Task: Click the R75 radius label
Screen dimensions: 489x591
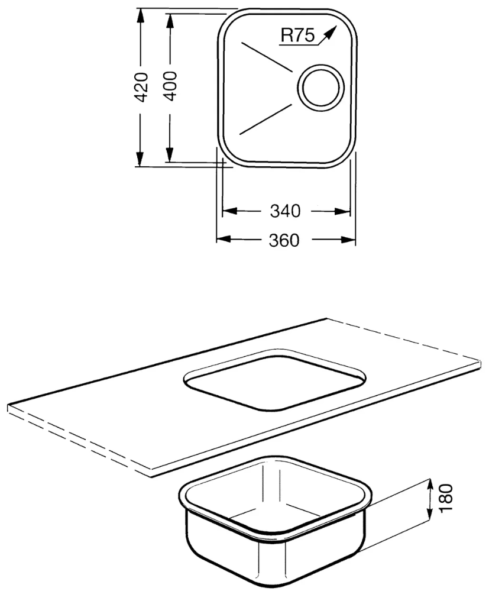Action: click(297, 35)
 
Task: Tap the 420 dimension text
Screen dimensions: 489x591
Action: click(141, 87)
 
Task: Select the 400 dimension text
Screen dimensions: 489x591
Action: click(170, 86)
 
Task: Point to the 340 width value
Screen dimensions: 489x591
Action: click(285, 211)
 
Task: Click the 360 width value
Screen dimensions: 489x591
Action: click(284, 240)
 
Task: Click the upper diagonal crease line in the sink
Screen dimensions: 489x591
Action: click(267, 57)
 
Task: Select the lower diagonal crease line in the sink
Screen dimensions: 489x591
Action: click(265, 119)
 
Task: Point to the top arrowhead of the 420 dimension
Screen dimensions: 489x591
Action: click(140, 17)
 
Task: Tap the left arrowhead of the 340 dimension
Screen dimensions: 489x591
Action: click(230, 211)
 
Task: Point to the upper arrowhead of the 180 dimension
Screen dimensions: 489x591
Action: click(429, 486)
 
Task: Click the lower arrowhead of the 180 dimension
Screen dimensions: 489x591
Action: click(429, 513)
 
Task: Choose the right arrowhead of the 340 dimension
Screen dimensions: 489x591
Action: click(342, 211)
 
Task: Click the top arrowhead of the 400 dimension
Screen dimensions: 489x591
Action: click(169, 22)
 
